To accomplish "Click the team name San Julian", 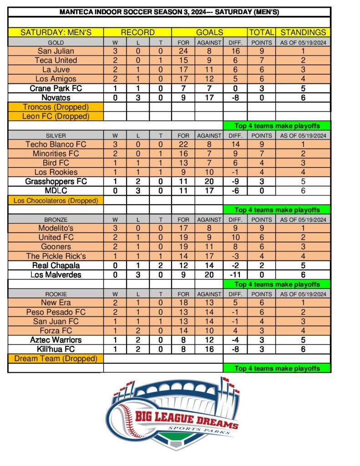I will tap(56, 51).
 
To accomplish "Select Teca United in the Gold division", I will tap(56, 61).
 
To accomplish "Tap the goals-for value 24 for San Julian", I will tap(183, 51).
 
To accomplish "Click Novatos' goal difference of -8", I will tap(235, 98).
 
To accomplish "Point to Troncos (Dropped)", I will tap(56, 107).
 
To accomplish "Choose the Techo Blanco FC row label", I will tap(56, 144).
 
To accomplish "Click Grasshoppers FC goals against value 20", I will tap(209, 182).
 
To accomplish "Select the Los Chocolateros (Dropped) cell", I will tap(56, 200).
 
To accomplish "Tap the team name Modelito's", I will tap(56, 228).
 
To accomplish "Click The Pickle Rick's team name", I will tap(56, 256).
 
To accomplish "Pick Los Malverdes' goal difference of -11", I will tap(235, 275).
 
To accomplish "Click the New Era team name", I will tap(56, 303).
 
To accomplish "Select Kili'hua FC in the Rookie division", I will tap(56, 349).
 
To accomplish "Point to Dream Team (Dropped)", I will tap(56, 359).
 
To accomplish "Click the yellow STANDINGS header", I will tap(303, 32).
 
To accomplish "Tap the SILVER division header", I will tap(56, 135).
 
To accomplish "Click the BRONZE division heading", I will tap(56, 219).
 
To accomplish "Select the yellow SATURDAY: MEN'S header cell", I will tap(56, 32).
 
